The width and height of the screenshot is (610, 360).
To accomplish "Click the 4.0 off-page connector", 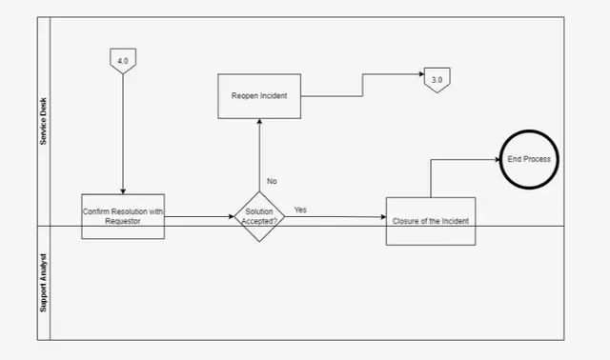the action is pos(123,61).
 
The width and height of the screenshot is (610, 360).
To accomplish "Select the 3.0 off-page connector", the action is pos(437,80).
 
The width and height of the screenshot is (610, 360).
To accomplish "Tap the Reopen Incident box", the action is pos(259,96).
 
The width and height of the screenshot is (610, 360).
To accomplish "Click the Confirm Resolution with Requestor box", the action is pos(123,216).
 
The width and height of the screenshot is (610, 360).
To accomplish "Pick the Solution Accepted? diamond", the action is pos(259,216).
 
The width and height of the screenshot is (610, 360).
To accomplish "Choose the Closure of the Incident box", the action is pos(431,221).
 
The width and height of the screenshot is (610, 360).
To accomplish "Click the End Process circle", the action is pos(529,159).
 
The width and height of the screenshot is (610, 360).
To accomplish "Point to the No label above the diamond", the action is pos(272,181).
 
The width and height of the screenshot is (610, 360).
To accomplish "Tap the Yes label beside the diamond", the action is pos(300,210).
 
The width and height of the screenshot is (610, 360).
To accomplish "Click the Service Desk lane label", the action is pos(43,121).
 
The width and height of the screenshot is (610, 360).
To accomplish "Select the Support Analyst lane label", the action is pos(43,283).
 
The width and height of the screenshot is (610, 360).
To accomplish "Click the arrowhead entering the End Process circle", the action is pos(498,159).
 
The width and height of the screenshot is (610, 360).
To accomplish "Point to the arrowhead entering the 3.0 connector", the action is pos(421,74).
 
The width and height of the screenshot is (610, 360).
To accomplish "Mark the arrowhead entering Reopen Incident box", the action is pos(259,121).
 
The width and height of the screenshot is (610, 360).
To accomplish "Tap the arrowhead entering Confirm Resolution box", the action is pos(123,191).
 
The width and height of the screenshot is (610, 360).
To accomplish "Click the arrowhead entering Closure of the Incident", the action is pos(383,217).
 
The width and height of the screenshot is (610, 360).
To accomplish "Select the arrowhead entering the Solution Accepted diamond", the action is pos(232,216).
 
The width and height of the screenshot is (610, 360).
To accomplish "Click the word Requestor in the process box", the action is pos(123,221).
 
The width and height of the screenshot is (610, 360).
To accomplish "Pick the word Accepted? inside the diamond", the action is pos(259,221).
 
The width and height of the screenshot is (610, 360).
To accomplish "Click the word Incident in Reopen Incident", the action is pos(274,95).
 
